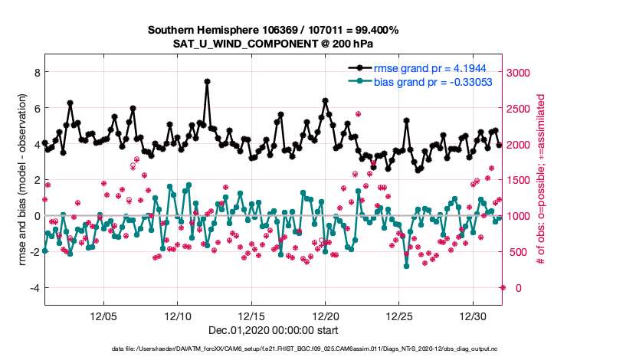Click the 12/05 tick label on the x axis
pyautogui.click(x=103, y=316)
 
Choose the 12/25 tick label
pyautogui.click(x=400, y=316)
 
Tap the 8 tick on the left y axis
pyautogui.click(x=35, y=72)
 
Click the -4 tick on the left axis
pyautogui.click(x=33, y=288)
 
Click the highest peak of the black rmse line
pyautogui.click(x=207, y=80)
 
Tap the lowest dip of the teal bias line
pyautogui.click(x=406, y=266)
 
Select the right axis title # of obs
pyautogui.click(x=541, y=180)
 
